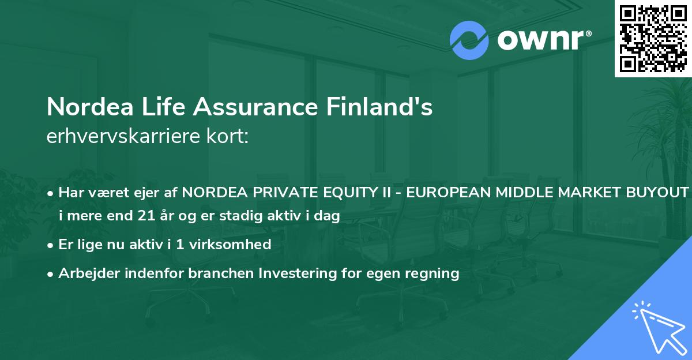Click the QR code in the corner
tap(653, 38)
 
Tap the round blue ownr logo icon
tap(469, 40)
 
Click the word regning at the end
tap(434, 273)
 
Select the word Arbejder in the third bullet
tap(84, 273)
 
